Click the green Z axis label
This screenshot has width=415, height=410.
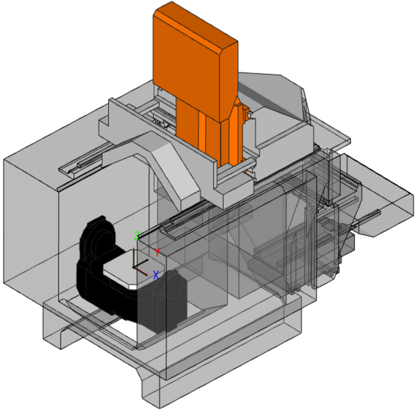pos(136,236)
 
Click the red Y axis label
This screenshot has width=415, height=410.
pos(157,252)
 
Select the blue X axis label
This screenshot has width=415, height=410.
pos(156,275)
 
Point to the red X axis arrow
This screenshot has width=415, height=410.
pos(141,272)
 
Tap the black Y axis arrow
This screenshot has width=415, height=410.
pos(141,264)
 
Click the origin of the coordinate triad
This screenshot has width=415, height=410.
pos(133,268)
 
